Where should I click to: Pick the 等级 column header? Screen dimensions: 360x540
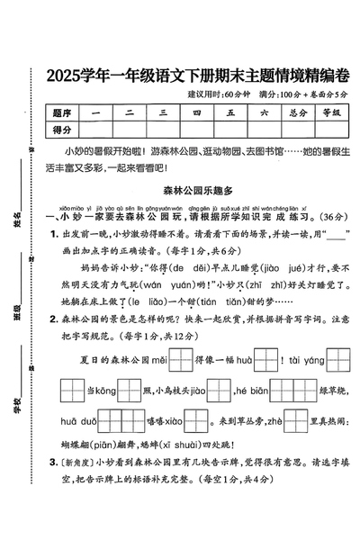pyautogui.click(x=330, y=113)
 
